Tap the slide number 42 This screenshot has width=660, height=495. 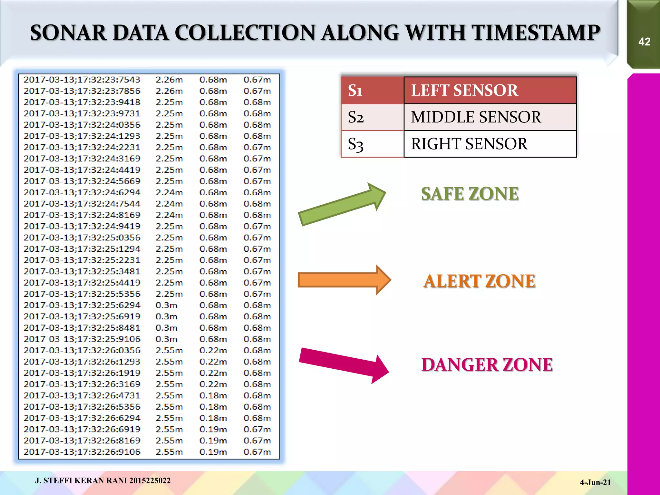pos(644,42)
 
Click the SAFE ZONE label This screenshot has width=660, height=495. pos(470,194)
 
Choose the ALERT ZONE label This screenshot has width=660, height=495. pos(479,281)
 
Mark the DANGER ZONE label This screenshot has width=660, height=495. pos(487,365)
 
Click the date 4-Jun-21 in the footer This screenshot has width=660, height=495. pos(595,482)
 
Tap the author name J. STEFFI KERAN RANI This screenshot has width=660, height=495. pos(82,480)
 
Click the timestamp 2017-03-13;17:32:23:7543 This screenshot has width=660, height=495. pos(82,80)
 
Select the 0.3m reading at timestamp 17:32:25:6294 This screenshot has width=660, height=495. pos(166,305)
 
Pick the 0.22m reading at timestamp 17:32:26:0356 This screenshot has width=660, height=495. pos(213,350)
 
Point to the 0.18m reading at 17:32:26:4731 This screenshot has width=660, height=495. pos(213,395)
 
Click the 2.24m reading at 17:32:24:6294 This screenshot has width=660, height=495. pos(169,192)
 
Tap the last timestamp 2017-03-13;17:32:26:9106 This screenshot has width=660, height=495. pos(82,452)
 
